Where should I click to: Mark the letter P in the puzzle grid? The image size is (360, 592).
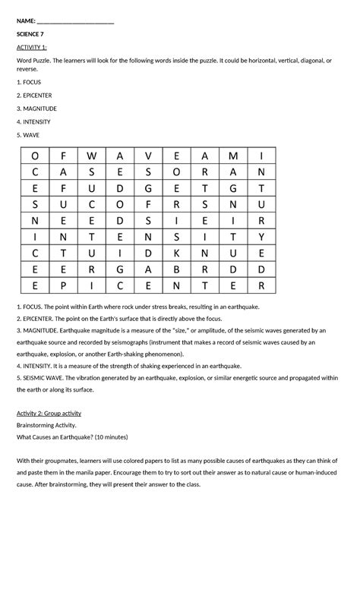62,285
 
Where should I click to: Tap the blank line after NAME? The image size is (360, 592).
75,23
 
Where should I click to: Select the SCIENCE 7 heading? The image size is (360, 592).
30,35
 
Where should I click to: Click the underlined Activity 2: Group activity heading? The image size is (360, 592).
49,413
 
